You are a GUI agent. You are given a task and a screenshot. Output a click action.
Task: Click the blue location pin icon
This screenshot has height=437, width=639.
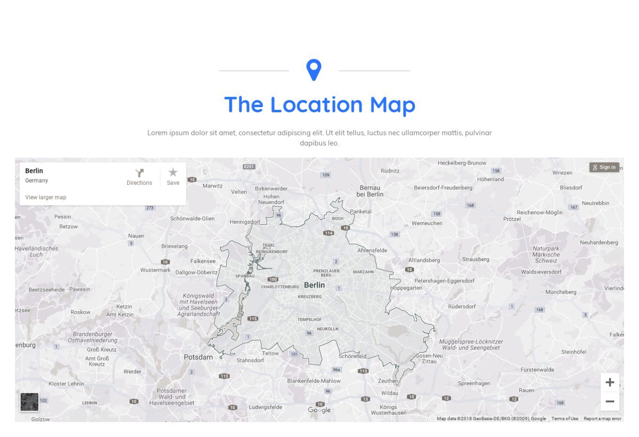point(314,70)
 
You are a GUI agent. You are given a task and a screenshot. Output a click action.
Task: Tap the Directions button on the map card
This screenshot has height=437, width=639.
point(139,177)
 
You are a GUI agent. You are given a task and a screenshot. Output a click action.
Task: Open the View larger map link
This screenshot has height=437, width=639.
point(46,197)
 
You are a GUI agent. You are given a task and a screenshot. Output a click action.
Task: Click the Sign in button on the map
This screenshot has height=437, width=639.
point(604,167)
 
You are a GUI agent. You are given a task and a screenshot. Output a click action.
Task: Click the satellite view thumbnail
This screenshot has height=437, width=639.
point(30,402)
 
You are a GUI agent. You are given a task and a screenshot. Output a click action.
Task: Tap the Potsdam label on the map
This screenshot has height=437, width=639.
point(198,357)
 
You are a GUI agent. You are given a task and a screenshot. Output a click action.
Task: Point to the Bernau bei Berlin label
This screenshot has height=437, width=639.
point(370,191)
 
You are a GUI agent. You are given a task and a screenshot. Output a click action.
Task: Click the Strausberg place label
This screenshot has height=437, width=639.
point(475,259)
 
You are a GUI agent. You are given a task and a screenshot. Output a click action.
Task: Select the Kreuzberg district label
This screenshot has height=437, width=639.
point(310,297)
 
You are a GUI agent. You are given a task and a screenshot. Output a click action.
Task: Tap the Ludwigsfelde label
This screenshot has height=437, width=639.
point(265,407)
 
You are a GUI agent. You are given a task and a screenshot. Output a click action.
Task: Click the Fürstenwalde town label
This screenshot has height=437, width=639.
point(537,370)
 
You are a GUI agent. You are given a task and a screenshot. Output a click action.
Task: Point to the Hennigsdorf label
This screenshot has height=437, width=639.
point(245,222)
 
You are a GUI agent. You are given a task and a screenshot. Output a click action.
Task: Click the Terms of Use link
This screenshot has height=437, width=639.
point(565,419)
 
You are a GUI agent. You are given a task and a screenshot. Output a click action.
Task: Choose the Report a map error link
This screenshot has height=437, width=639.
point(602,419)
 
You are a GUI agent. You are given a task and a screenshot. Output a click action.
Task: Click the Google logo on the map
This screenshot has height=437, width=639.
point(319,410)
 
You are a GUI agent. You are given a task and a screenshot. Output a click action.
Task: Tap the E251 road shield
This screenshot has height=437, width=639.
point(249,166)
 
